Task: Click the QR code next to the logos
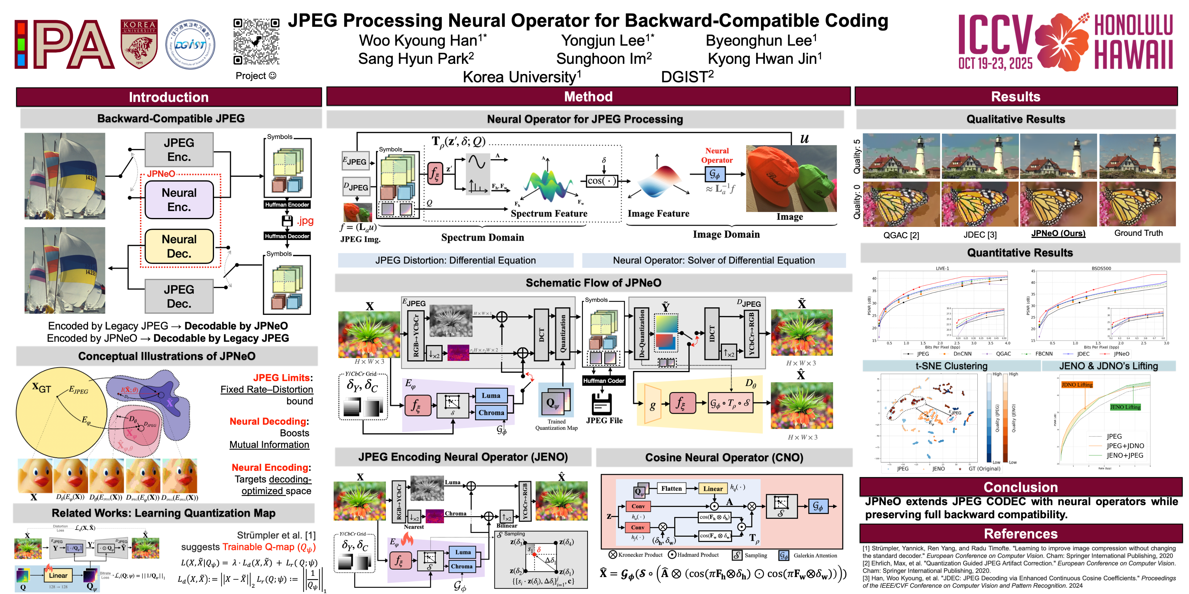(x=256, y=42)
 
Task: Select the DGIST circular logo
(x=190, y=44)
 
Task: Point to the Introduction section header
(x=169, y=97)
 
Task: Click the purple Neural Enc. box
(x=179, y=200)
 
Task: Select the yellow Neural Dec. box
(x=179, y=246)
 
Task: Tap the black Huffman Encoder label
(x=287, y=205)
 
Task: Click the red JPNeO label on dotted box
(x=161, y=174)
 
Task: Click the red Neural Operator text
(x=716, y=155)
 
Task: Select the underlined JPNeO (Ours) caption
(x=1058, y=233)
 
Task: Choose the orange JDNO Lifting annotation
(x=1077, y=385)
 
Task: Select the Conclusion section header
(x=1020, y=487)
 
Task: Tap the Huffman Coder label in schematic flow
(x=603, y=380)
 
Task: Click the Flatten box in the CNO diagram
(x=671, y=488)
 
